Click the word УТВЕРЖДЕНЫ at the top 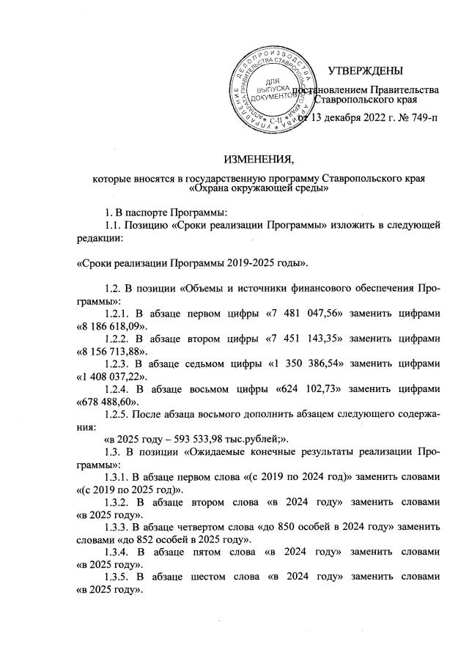point(365,71)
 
